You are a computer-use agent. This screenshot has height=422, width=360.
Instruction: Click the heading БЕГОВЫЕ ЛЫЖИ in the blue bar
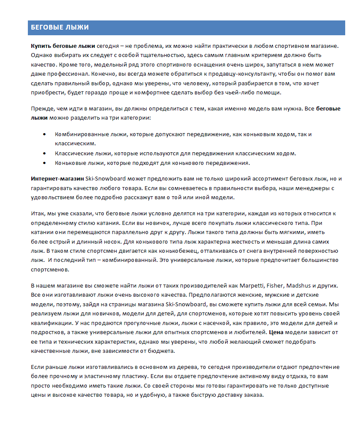pyautogui.click(x=60, y=28)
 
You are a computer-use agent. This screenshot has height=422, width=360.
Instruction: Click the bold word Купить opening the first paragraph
pyautogui.click(x=40, y=46)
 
